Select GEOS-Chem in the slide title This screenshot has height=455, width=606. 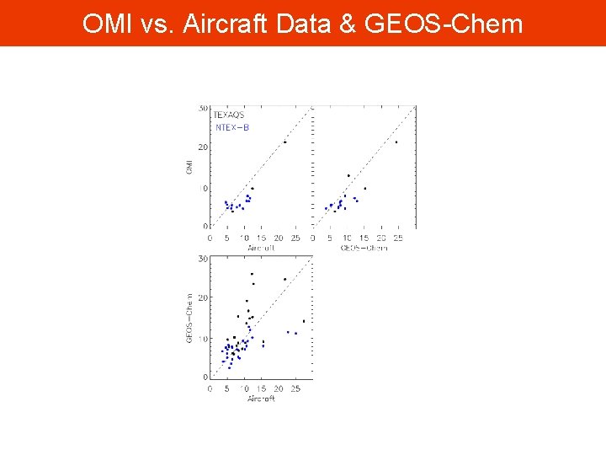(444, 24)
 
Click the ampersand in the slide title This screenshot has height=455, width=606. (348, 24)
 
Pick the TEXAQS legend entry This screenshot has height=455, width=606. (229, 115)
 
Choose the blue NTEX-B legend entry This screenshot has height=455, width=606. (232, 128)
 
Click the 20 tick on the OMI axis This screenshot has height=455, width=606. (203, 147)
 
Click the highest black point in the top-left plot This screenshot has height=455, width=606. (284, 142)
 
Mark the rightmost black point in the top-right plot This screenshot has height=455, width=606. (396, 142)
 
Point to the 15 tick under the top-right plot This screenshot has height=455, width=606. (364, 238)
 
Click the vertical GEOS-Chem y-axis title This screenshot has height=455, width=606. (189, 317)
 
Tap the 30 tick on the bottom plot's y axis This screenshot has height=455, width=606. (203, 259)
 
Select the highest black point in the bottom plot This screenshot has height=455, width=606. (252, 274)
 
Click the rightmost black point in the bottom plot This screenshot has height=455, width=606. (304, 321)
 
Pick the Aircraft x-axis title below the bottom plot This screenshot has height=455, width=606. (261, 399)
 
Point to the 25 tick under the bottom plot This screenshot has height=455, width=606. (295, 388)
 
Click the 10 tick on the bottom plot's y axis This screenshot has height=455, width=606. (203, 339)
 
